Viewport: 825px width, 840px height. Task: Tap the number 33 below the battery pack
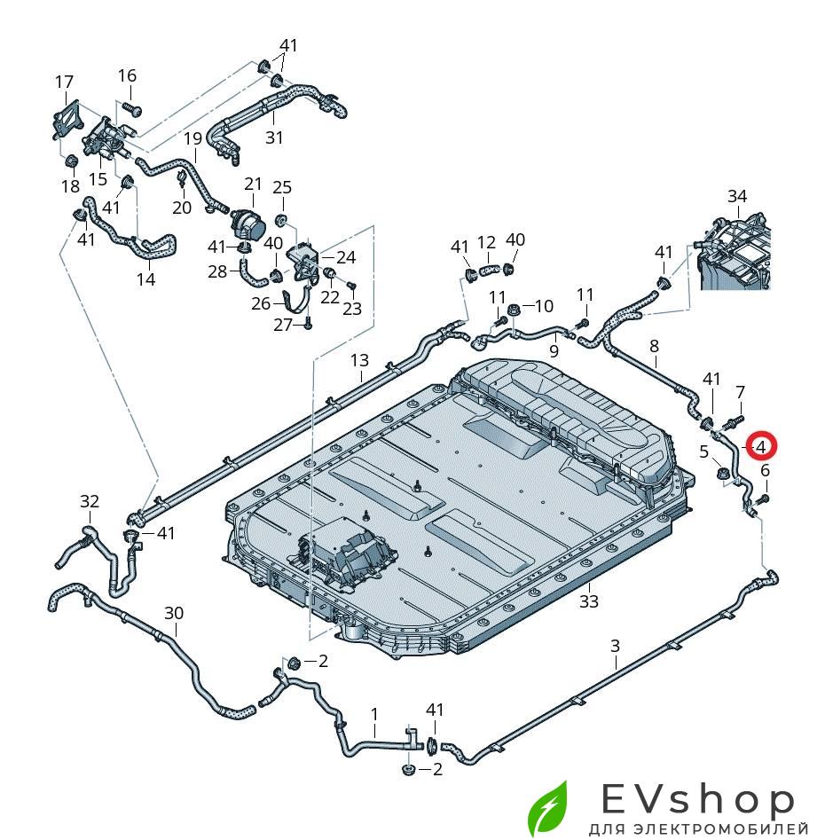(x=589, y=601)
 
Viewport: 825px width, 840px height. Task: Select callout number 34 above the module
(x=737, y=196)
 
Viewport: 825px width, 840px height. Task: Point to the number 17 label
(x=64, y=82)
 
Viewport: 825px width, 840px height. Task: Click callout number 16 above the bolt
(x=128, y=75)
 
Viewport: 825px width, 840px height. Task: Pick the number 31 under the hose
(x=274, y=137)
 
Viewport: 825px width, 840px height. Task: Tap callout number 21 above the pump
(x=254, y=184)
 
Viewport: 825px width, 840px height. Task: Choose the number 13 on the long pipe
(x=358, y=360)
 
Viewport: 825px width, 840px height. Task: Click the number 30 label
(x=174, y=612)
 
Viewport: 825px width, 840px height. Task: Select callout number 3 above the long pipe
(x=616, y=646)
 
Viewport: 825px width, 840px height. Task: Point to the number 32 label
(x=90, y=501)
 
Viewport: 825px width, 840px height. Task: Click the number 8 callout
(x=655, y=346)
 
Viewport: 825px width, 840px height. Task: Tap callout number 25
(x=281, y=187)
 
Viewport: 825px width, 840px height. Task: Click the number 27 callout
(x=282, y=326)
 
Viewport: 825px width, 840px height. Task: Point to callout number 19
(x=193, y=138)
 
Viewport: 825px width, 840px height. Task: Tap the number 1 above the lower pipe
(x=374, y=713)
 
